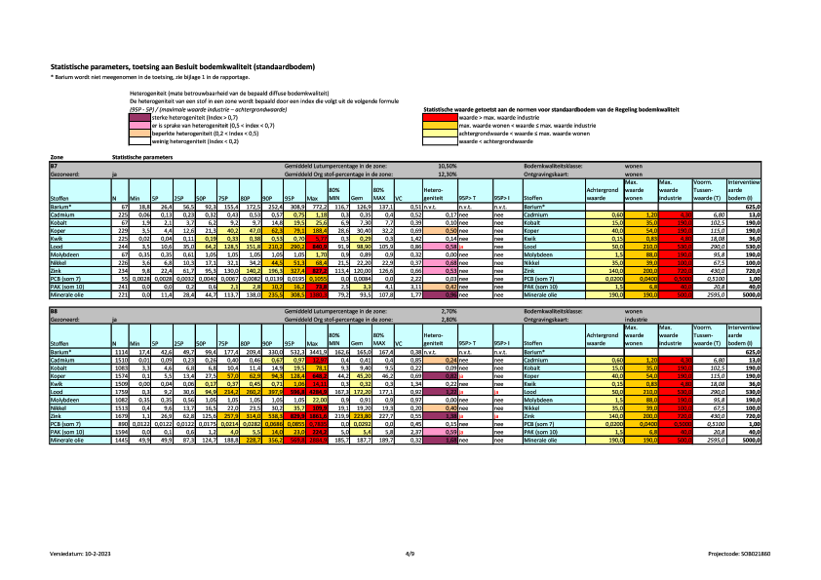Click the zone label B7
(x=55, y=166)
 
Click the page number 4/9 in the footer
(x=410, y=553)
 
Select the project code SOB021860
(x=740, y=553)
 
